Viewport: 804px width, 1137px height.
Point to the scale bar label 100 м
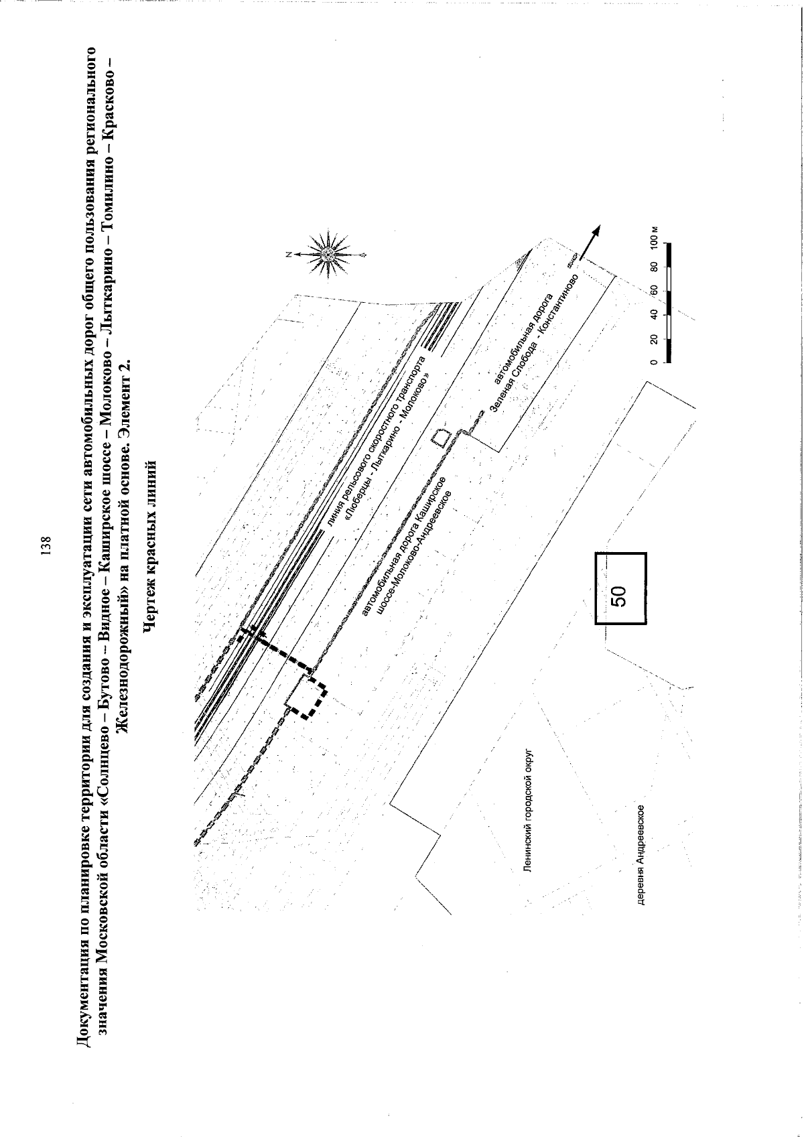click(654, 236)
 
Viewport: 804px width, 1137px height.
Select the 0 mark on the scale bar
click(654, 362)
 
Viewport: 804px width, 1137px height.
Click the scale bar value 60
click(654, 290)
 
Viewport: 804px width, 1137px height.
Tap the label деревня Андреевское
click(641, 855)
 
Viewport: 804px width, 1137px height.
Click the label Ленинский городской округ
click(527, 815)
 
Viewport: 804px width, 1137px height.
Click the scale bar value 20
click(654, 338)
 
